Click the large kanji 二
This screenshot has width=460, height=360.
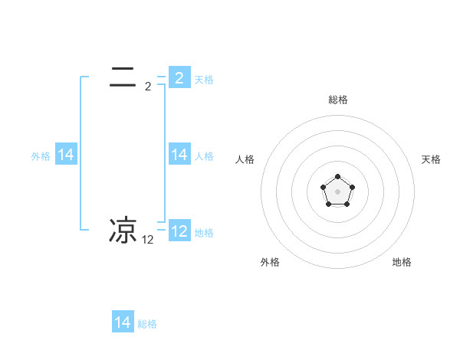[123, 77]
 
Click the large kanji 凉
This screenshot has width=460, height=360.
[123, 230]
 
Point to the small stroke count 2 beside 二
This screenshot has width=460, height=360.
[148, 87]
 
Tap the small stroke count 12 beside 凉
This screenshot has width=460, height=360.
[148, 240]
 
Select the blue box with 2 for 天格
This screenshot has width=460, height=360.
[179, 77]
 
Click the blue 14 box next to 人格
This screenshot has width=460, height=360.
[179, 155]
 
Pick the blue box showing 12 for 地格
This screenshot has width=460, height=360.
[179, 231]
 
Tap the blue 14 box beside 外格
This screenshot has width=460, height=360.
[66, 155]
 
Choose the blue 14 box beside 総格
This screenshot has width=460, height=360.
[123, 322]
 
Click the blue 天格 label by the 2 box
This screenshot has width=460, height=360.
[204, 79]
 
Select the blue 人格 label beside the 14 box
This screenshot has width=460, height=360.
[204, 156]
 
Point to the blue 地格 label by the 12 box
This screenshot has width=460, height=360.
[204, 233]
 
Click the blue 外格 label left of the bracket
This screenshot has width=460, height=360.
[41, 156]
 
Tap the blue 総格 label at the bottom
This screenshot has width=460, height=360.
[147, 324]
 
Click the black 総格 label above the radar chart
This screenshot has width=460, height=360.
[338, 100]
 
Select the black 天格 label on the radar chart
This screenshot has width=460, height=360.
[431, 159]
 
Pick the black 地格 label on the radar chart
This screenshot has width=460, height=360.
[402, 262]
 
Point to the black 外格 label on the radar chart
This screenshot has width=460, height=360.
[270, 262]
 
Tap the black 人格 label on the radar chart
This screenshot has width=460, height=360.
[245, 159]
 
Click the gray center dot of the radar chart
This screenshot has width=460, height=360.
[337, 191]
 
